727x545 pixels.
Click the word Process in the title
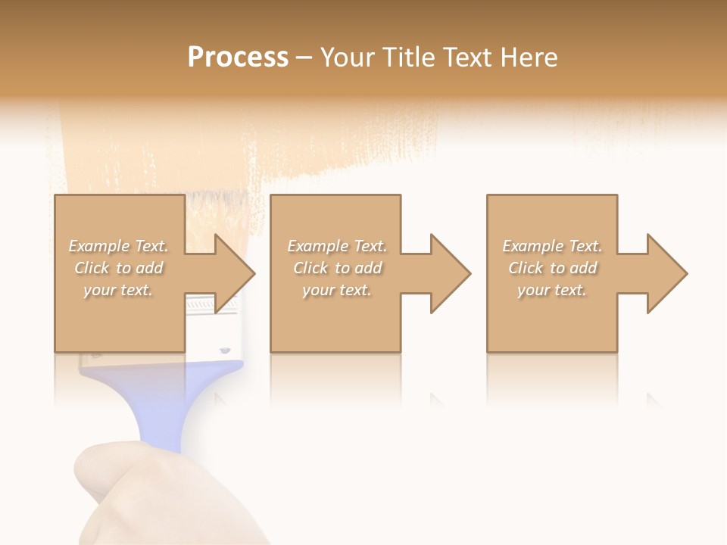click(238, 58)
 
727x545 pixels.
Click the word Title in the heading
click(410, 58)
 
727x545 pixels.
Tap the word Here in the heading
click(528, 58)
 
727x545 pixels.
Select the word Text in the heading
click(469, 58)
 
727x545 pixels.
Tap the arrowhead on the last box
click(666, 273)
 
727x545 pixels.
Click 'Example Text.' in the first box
click(119, 246)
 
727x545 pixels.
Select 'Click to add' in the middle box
click(337, 268)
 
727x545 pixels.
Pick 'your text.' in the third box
click(552, 290)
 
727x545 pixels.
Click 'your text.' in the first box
click(119, 290)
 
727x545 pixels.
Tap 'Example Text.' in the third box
click(552, 246)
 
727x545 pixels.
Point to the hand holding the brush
click(151, 492)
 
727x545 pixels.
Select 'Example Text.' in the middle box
click(337, 246)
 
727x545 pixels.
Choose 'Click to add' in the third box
click(552, 268)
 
